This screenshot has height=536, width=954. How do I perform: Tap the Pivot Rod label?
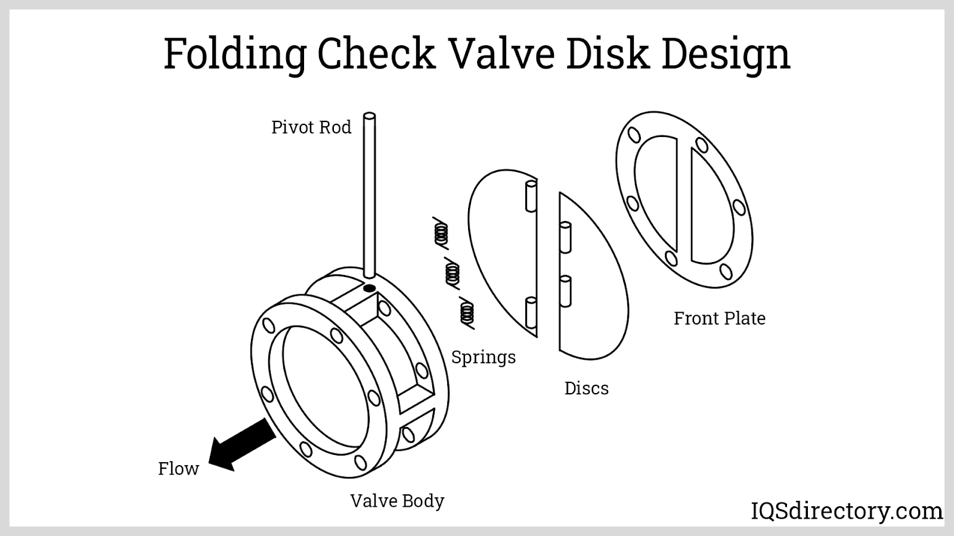tap(311, 127)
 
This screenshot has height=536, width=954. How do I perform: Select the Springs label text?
tap(483, 357)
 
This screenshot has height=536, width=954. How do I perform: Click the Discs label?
tap(586, 388)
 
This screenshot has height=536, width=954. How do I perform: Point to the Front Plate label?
tap(719, 319)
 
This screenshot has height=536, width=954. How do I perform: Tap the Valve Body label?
tap(397, 501)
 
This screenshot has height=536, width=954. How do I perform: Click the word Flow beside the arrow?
tap(178, 469)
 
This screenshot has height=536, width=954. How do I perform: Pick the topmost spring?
tap(441, 233)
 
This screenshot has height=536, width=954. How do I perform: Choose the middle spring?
tap(453, 273)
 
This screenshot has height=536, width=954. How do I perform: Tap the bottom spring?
tap(466, 312)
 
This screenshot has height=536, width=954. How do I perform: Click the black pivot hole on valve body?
tap(369, 289)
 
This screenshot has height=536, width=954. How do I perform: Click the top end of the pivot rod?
tap(369, 116)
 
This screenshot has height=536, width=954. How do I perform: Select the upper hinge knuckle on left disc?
tap(531, 197)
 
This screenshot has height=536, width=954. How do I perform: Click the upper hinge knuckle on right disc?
tap(565, 236)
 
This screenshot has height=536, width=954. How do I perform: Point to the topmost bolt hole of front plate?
tap(634, 135)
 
